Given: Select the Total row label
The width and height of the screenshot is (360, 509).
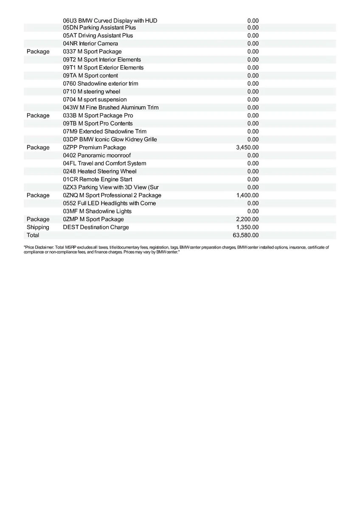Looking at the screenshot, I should tap(33, 235).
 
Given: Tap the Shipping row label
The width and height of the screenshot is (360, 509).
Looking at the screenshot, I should tap(38, 227).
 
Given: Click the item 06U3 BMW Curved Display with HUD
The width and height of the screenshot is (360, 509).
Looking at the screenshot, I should tap(110, 20).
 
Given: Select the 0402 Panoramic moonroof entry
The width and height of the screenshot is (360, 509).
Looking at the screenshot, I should tap(97, 155).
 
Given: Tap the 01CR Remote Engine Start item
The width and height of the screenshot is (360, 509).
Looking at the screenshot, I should tap(97, 179).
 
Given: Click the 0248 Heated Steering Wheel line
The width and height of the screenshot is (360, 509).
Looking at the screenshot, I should tap(100, 171).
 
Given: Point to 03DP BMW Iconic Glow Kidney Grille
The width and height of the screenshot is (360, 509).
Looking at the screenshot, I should tap(110, 139).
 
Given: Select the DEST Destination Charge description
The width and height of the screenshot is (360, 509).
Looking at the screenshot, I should tap(96, 227).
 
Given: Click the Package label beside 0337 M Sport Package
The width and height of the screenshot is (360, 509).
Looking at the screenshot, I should tap(38, 51).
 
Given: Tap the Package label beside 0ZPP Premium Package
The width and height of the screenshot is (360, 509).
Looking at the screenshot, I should tap(38, 147).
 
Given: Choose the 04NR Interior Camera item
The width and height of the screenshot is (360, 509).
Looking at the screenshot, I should tap(90, 43).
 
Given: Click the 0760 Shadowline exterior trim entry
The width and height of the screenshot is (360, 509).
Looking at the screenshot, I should tap(100, 84).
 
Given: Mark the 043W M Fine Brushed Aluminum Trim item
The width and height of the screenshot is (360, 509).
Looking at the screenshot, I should tap(110, 107).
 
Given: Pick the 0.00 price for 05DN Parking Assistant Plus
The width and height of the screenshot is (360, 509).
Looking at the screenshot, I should tap(253, 28).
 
